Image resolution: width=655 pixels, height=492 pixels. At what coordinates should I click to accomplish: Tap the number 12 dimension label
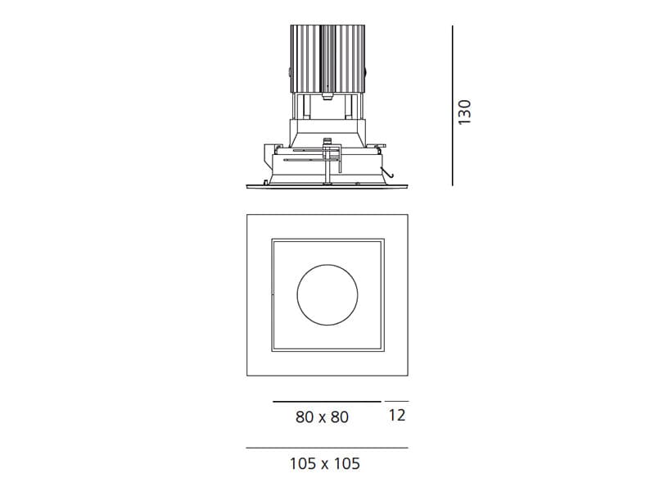396,416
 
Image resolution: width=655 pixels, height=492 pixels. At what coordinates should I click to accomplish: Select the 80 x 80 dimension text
322,417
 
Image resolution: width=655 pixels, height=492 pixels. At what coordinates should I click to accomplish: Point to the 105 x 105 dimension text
324,464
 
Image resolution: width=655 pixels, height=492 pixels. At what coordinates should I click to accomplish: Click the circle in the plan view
327,294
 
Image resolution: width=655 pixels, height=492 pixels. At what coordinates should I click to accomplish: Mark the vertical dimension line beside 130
452,105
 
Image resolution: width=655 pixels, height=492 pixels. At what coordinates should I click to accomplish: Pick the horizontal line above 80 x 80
327,402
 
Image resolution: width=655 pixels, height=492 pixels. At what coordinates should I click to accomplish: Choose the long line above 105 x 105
327,449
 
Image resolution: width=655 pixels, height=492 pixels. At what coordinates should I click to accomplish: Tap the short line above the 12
396,402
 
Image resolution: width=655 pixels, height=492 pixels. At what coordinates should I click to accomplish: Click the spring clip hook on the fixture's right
391,172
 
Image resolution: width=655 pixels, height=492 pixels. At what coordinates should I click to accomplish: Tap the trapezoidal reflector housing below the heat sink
327,131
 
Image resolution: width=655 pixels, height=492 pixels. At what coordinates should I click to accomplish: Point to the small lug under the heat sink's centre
327,98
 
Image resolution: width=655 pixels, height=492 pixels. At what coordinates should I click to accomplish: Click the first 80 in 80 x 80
305,417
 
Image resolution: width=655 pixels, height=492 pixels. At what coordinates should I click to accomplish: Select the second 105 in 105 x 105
346,464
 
